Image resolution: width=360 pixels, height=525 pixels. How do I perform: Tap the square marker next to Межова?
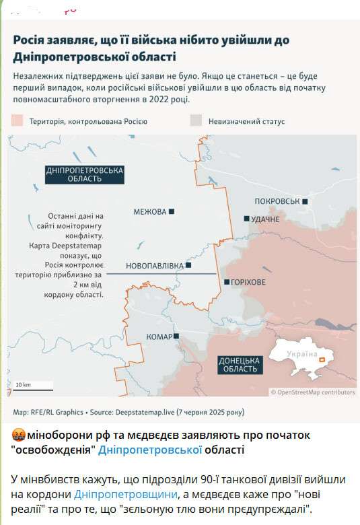172,211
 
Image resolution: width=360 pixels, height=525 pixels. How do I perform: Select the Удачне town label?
264,219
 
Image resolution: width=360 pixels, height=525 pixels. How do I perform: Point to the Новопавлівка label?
154,266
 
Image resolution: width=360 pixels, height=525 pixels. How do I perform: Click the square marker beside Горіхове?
227,282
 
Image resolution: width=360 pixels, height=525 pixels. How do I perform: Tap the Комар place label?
159,336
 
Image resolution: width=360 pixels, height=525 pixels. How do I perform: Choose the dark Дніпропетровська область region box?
85,174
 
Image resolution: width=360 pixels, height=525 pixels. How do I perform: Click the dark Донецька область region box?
239,364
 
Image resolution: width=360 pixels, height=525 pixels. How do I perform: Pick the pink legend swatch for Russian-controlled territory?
17,121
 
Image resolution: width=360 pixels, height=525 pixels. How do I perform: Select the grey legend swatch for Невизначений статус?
196,121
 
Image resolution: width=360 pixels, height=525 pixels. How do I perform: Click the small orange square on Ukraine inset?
322,360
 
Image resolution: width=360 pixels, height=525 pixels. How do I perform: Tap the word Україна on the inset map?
301,354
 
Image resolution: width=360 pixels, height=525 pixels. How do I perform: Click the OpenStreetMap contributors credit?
313,392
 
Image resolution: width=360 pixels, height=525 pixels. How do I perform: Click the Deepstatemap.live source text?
143,411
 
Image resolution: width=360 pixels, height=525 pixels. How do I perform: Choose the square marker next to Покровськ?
305,201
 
